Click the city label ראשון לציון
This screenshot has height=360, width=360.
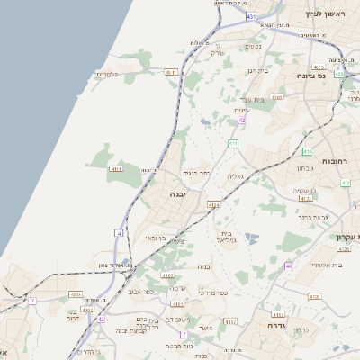click(x=325, y=13)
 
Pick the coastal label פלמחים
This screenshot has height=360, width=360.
click(x=109, y=74)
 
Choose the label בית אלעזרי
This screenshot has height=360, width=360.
click(x=327, y=265)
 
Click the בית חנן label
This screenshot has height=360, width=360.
click(x=258, y=70)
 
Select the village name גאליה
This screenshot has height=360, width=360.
click(x=237, y=175)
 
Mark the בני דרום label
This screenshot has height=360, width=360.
click(x=72, y=315)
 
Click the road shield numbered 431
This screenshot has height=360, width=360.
click(x=251, y=17)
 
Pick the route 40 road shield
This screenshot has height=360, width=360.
click(x=288, y=266)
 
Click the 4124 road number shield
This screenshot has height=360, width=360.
click(x=213, y=205)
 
